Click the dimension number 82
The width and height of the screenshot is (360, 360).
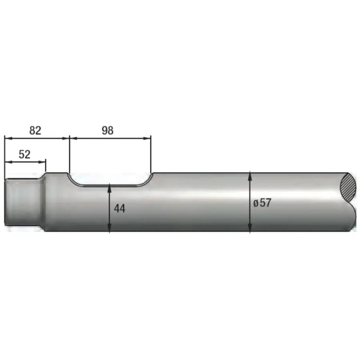35,130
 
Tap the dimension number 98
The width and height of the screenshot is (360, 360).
108,130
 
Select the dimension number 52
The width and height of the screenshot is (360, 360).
25,154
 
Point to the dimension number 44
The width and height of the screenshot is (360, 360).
120,209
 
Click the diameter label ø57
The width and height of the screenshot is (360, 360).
262,203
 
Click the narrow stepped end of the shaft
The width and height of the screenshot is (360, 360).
22,202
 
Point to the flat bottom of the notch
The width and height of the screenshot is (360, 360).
110,185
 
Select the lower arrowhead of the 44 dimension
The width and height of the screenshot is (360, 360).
110,228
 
